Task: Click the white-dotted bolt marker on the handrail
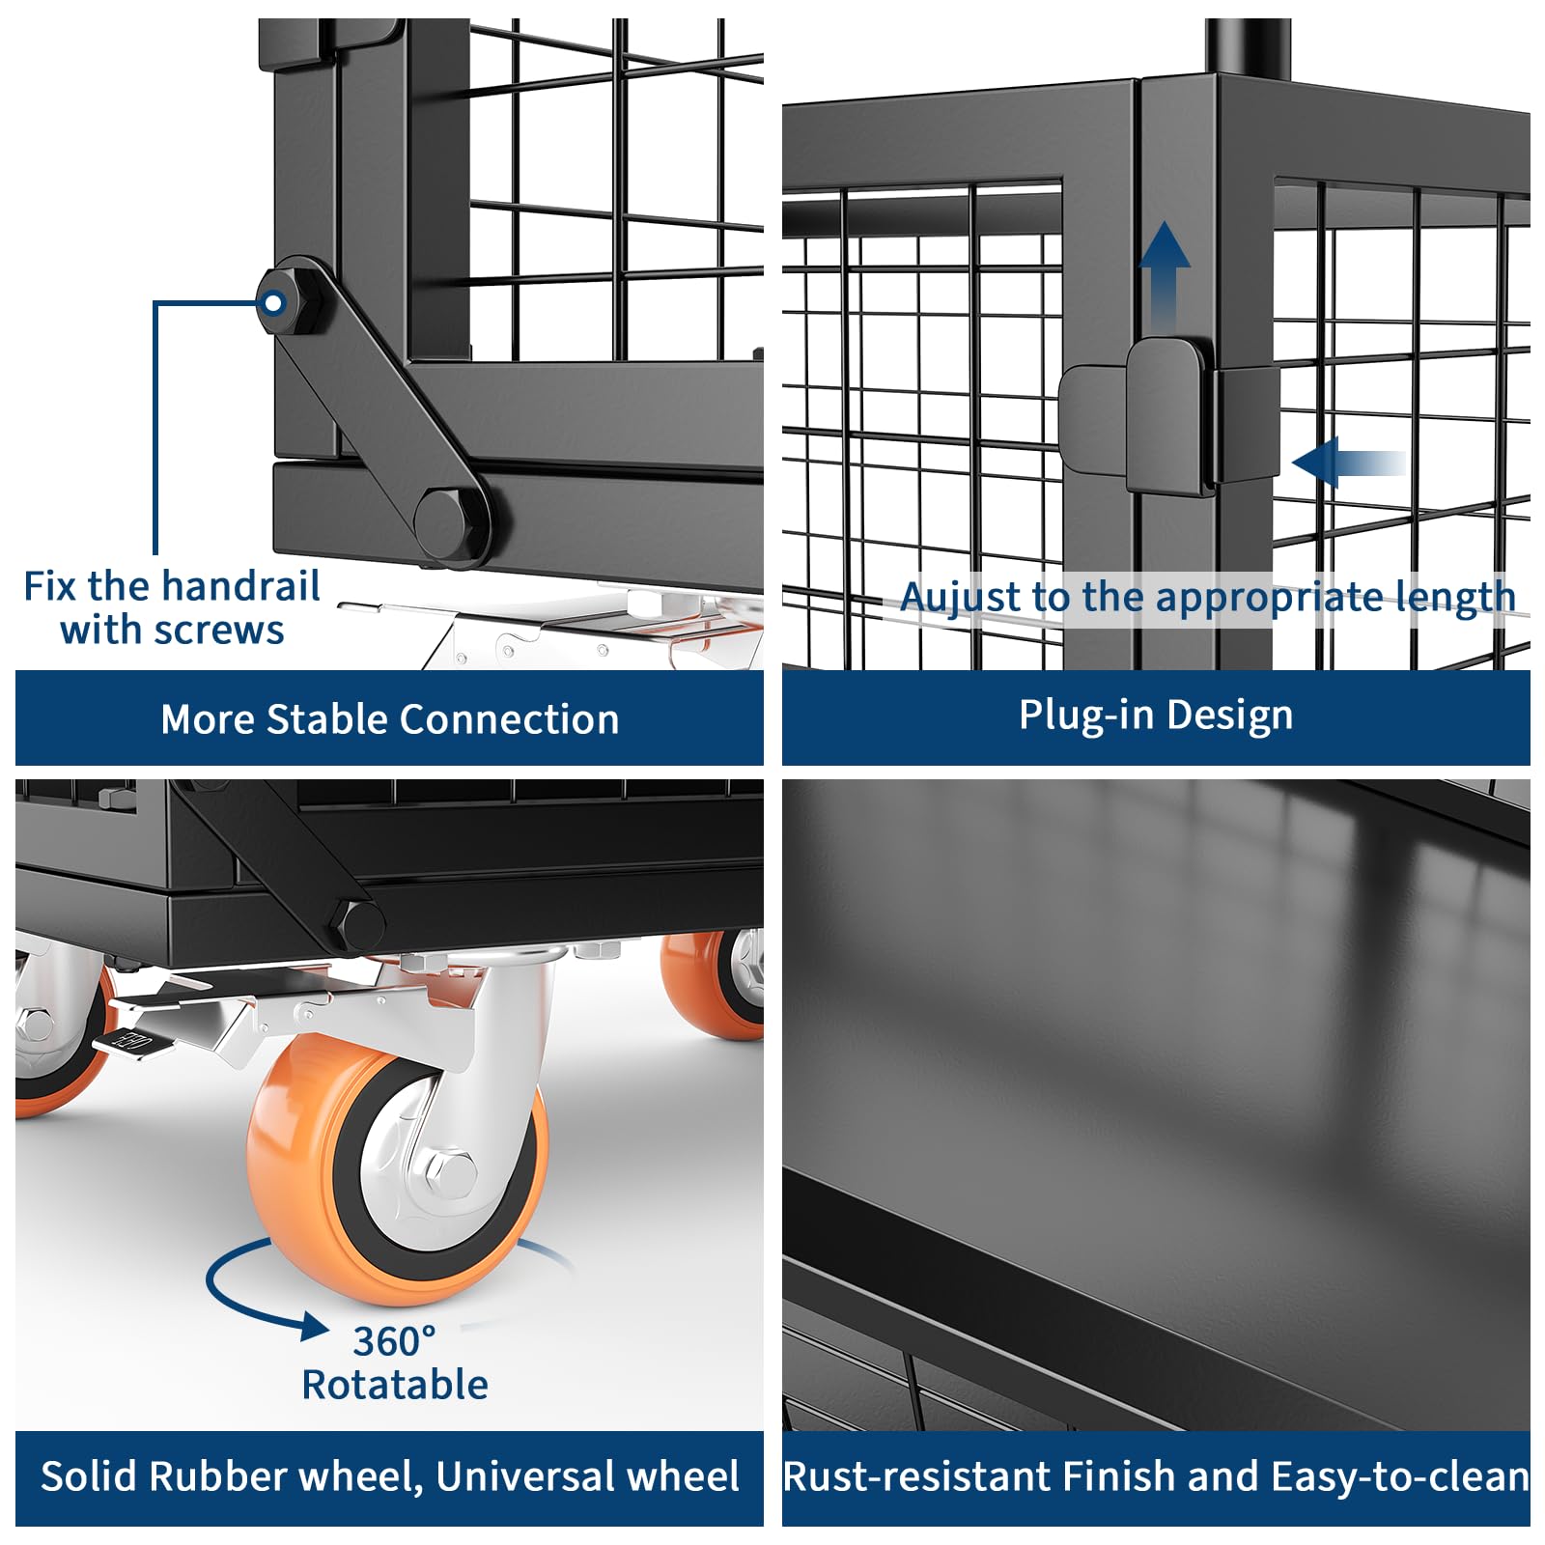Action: [x=274, y=303]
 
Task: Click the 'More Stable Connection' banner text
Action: [x=389, y=719]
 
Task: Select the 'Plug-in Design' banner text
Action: [x=1156, y=716]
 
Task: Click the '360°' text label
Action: [x=394, y=1341]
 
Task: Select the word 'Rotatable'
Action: [x=395, y=1385]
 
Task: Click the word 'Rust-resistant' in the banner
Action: [x=917, y=1476]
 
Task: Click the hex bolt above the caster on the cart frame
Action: [x=358, y=924]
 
